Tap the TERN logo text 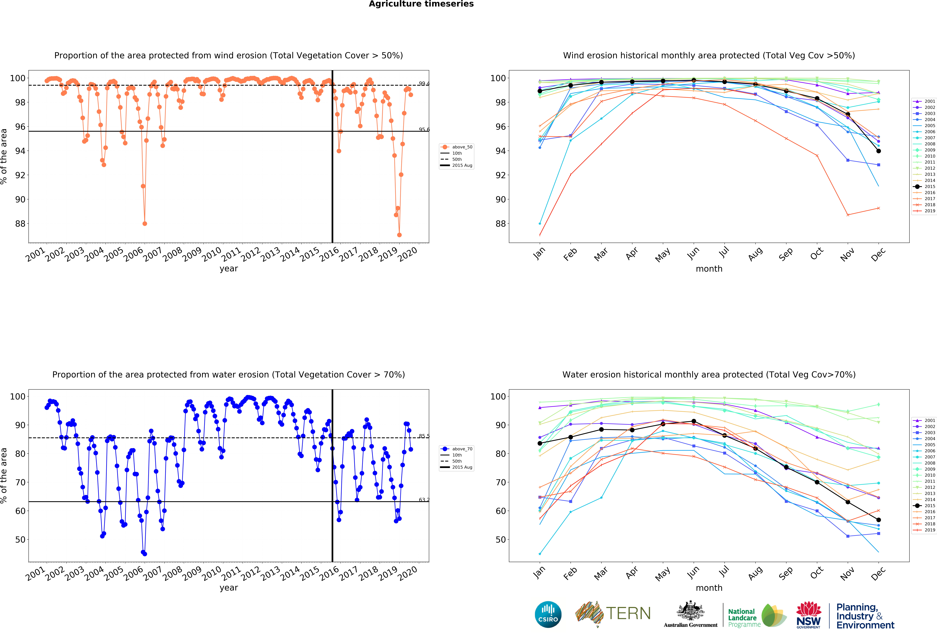coord(628,614)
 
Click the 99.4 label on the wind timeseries coord(424,84)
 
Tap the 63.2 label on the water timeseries coord(424,500)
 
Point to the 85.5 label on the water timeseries coord(424,436)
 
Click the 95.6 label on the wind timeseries coord(424,129)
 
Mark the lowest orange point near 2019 coord(399,235)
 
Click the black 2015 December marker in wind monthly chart coord(879,151)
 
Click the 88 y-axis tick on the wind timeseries coord(20,224)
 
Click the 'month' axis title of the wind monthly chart coord(709,269)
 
